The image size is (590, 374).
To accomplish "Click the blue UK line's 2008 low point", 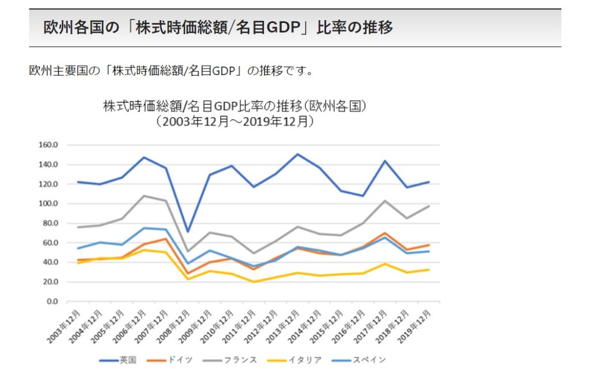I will (188, 232).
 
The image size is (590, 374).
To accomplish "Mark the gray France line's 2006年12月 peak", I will (143, 196).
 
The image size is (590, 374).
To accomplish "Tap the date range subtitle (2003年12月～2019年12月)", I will (235, 122).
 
